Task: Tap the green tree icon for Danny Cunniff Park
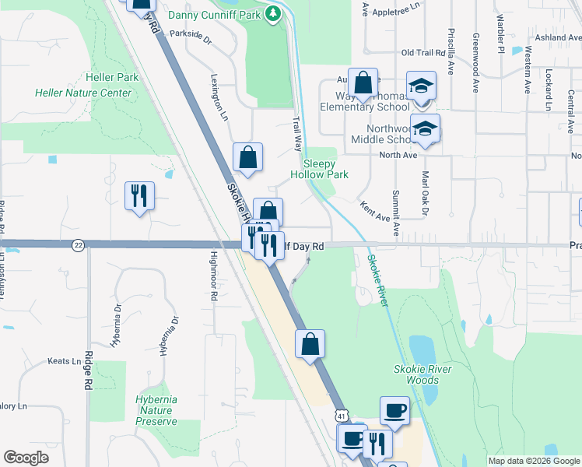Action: [x=272, y=13]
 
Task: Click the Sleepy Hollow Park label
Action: [x=325, y=169]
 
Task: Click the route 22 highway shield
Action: [x=78, y=244]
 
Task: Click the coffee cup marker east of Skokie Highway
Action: [x=394, y=410]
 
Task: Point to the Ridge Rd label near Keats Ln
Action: [x=87, y=374]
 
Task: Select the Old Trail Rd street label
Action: [x=422, y=52]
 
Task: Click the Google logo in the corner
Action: [x=26, y=458]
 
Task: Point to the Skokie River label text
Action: [x=377, y=280]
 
